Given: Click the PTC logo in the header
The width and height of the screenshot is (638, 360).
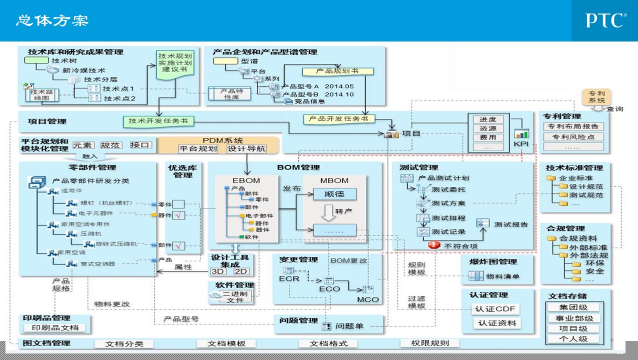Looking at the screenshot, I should (606, 20).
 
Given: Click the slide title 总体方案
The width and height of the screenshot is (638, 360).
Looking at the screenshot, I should (52, 20).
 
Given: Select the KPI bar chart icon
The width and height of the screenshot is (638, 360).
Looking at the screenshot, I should (522, 134).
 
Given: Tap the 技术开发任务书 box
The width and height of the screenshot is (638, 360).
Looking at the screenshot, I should (158, 121).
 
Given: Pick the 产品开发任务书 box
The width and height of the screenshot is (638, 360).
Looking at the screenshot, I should (338, 119).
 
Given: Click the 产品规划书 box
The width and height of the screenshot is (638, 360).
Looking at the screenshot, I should (338, 71).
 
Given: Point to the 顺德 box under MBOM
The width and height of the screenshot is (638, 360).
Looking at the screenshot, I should (335, 194).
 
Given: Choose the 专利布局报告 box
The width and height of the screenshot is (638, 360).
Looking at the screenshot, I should (573, 126).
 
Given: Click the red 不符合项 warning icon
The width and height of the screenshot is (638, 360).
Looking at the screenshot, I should (434, 245).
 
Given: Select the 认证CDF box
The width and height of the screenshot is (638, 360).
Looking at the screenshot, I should (496, 309).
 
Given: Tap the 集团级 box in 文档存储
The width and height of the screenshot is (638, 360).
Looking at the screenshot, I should (573, 307).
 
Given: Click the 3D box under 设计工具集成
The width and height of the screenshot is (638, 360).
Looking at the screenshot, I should (218, 271).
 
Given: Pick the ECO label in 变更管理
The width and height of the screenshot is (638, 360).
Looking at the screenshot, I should (329, 288).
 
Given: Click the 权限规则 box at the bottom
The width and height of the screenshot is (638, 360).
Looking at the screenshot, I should (430, 343).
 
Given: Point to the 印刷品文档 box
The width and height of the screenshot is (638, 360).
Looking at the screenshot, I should (55, 328).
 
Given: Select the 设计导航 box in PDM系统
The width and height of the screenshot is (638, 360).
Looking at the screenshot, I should (246, 149).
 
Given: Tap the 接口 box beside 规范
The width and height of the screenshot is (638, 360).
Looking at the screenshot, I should (140, 145).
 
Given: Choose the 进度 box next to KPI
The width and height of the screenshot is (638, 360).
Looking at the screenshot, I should (488, 119).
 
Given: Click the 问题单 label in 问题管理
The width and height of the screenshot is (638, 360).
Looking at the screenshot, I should (349, 326).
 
